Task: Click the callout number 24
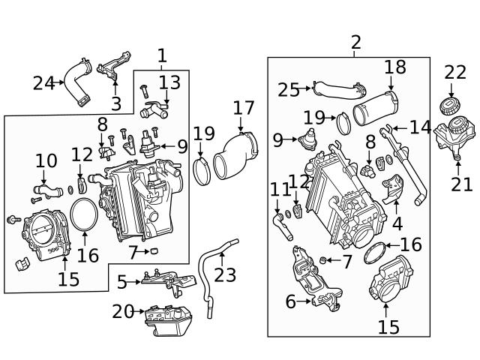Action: (x=43, y=83)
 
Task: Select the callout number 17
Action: (x=244, y=108)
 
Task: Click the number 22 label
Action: (x=455, y=73)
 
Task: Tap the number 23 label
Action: (x=224, y=274)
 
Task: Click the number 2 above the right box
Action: (x=355, y=43)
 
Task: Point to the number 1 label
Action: (x=163, y=55)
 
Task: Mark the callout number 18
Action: (x=395, y=67)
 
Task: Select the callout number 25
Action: (x=289, y=90)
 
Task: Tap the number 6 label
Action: (x=290, y=302)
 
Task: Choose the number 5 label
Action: (x=122, y=282)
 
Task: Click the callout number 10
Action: (x=46, y=160)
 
